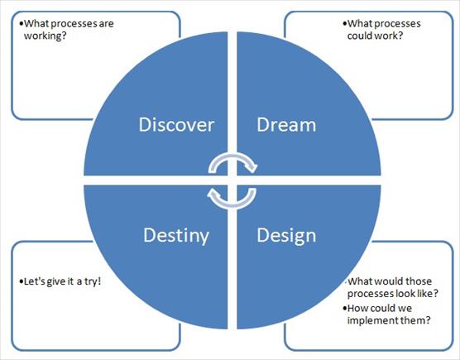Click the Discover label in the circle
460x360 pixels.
pyautogui.click(x=176, y=125)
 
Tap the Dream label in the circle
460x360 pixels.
pyautogui.click(x=286, y=125)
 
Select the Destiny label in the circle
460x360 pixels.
pyautogui.click(x=176, y=236)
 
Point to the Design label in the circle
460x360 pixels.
pyautogui.click(x=286, y=236)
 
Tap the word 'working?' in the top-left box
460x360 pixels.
pyautogui.click(x=46, y=36)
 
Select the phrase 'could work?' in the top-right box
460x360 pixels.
pyautogui.click(x=375, y=36)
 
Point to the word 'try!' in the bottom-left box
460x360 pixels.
pyautogui.click(x=93, y=281)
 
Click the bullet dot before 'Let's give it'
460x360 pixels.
pyautogui.click(x=21, y=281)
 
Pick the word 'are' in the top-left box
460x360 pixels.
pyautogui.click(x=106, y=24)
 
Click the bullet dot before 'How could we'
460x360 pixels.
pyautogui.click(x=344, y=309)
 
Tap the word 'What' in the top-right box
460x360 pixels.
pyautogui.click(x=359, y=23)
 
